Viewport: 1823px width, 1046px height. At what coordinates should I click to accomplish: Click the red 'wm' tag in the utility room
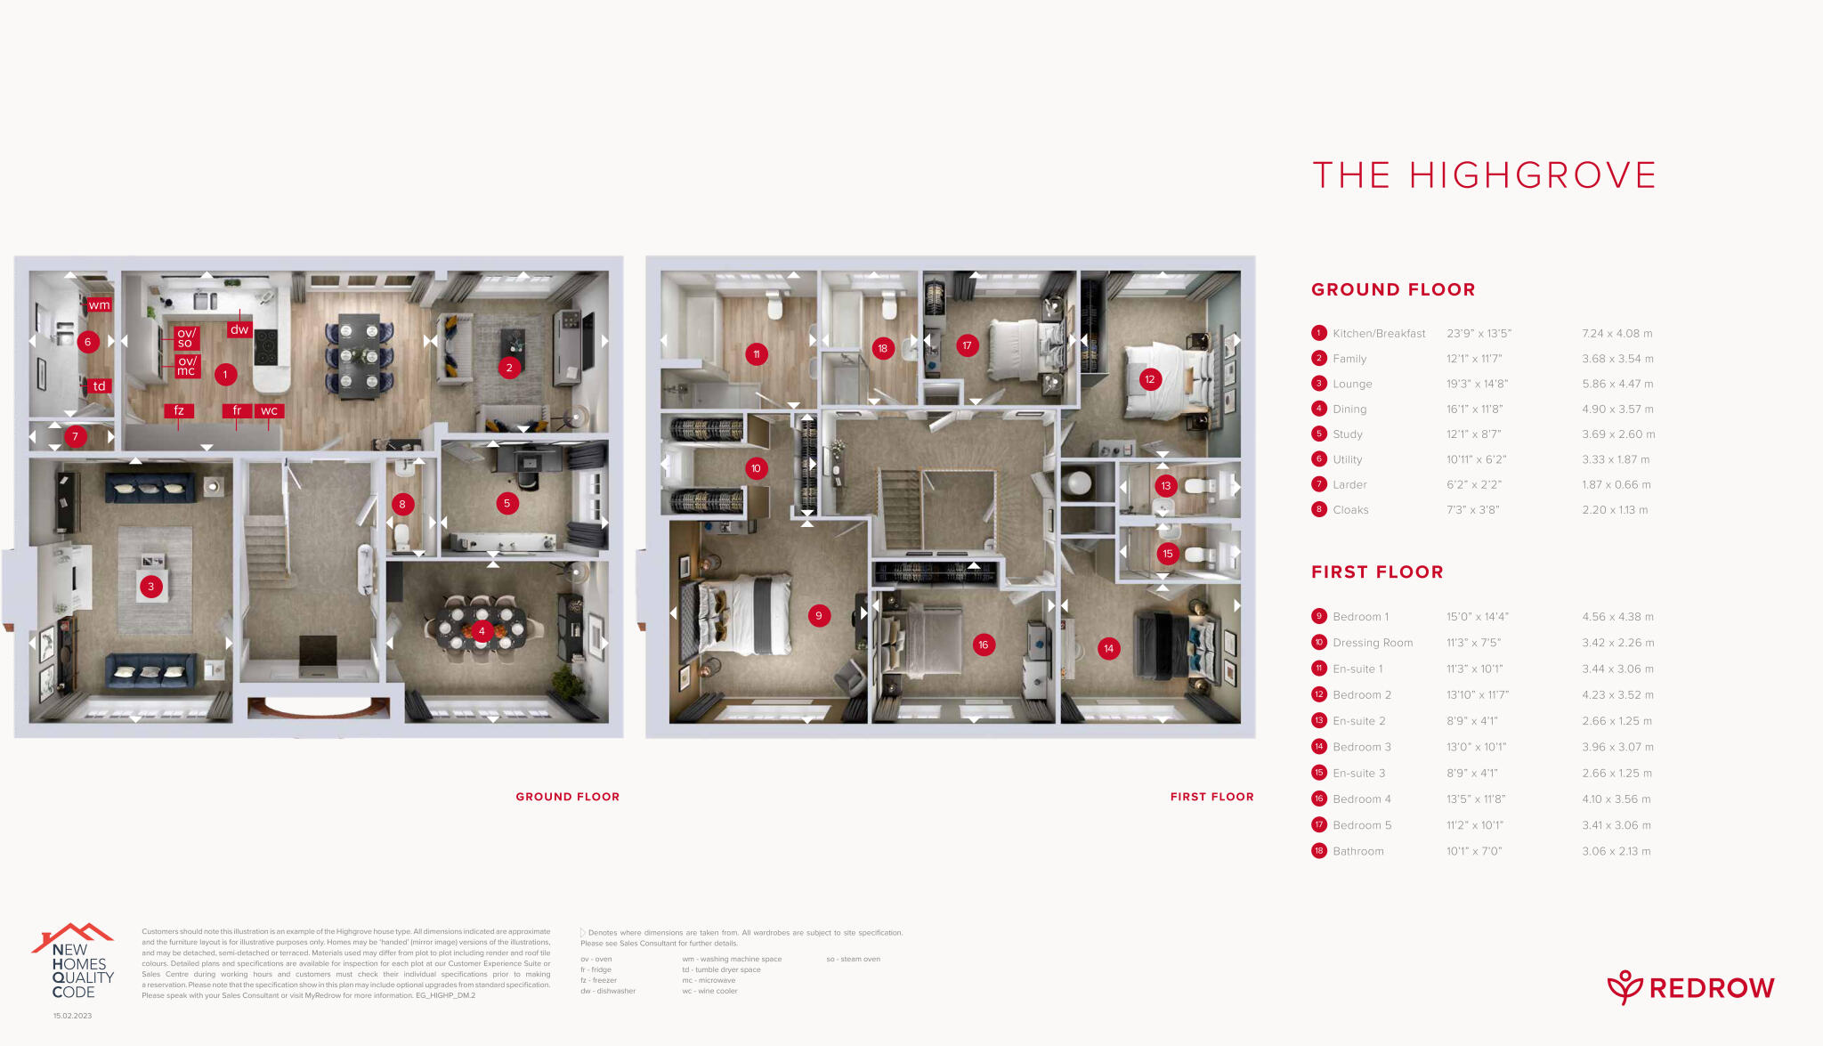(x=99, y=304)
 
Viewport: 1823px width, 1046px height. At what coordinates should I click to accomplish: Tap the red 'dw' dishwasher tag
(x=239, y=328)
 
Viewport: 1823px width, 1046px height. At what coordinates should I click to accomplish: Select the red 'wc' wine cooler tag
(x=269, y=410)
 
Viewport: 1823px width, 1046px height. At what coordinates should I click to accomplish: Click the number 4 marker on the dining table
(x=482, y=631)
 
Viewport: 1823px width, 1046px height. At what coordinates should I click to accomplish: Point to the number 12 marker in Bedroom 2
(x=1150, y=379)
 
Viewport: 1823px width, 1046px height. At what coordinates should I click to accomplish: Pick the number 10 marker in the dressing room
(x=756, y=468)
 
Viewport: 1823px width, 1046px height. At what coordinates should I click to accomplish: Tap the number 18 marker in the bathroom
(x=882, y=348)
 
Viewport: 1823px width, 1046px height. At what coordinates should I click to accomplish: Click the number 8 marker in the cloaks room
(x=402, y=504)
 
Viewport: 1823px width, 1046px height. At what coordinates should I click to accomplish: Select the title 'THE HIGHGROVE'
(x=1484, y=175)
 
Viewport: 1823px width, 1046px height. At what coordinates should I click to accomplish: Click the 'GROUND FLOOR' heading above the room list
(x=1393, y=289)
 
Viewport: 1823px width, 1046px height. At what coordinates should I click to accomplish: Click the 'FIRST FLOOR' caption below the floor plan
(x=1211, y=797)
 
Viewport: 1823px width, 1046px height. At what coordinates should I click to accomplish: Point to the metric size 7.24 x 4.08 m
(x=1616, y=334)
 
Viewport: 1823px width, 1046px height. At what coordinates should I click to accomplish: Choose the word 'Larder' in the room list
(x=1349, y=485)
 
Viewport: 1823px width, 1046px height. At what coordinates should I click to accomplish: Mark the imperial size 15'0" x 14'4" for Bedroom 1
(x=1477, y=617)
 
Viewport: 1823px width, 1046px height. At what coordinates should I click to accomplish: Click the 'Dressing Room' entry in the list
(x=1372, y=643)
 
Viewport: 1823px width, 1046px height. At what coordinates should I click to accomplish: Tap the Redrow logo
(x=1690, y=987)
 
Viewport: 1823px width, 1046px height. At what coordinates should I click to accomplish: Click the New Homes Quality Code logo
(x=75, y=963)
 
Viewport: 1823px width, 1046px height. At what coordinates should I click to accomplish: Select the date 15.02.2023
(x=72, y=1016)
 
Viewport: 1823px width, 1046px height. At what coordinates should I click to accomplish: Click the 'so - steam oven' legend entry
(x=853, y=959)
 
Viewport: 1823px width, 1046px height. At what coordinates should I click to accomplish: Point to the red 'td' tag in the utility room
(x=99, y=385)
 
